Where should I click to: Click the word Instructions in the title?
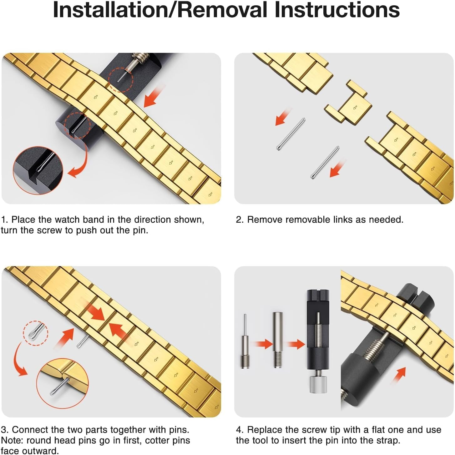337,10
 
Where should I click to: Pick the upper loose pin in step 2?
291,134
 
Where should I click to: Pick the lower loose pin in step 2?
325,162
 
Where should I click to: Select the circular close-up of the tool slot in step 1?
38,170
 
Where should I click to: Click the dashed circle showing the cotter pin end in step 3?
35,333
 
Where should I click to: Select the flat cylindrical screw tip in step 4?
278,340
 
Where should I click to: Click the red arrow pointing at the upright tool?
296,344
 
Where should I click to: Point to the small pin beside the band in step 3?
83,341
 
